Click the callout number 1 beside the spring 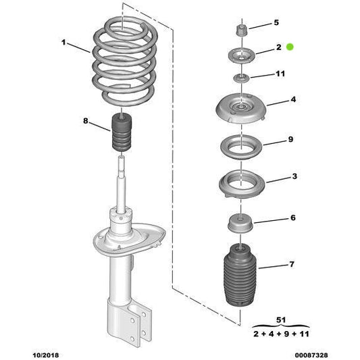pyautogui.click(x=64, y=43)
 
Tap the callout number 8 pyautogui.click(x=85, y=122)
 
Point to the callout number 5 pyautogui.click(x=276, y=23)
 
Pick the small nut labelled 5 pyautogui.click(x=241, y=32)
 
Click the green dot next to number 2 pyautogui.click(x=290, y=47)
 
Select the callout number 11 pyautogui.click(x=280, y=74)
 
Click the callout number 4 pyautogui.click(x=292, y=100)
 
